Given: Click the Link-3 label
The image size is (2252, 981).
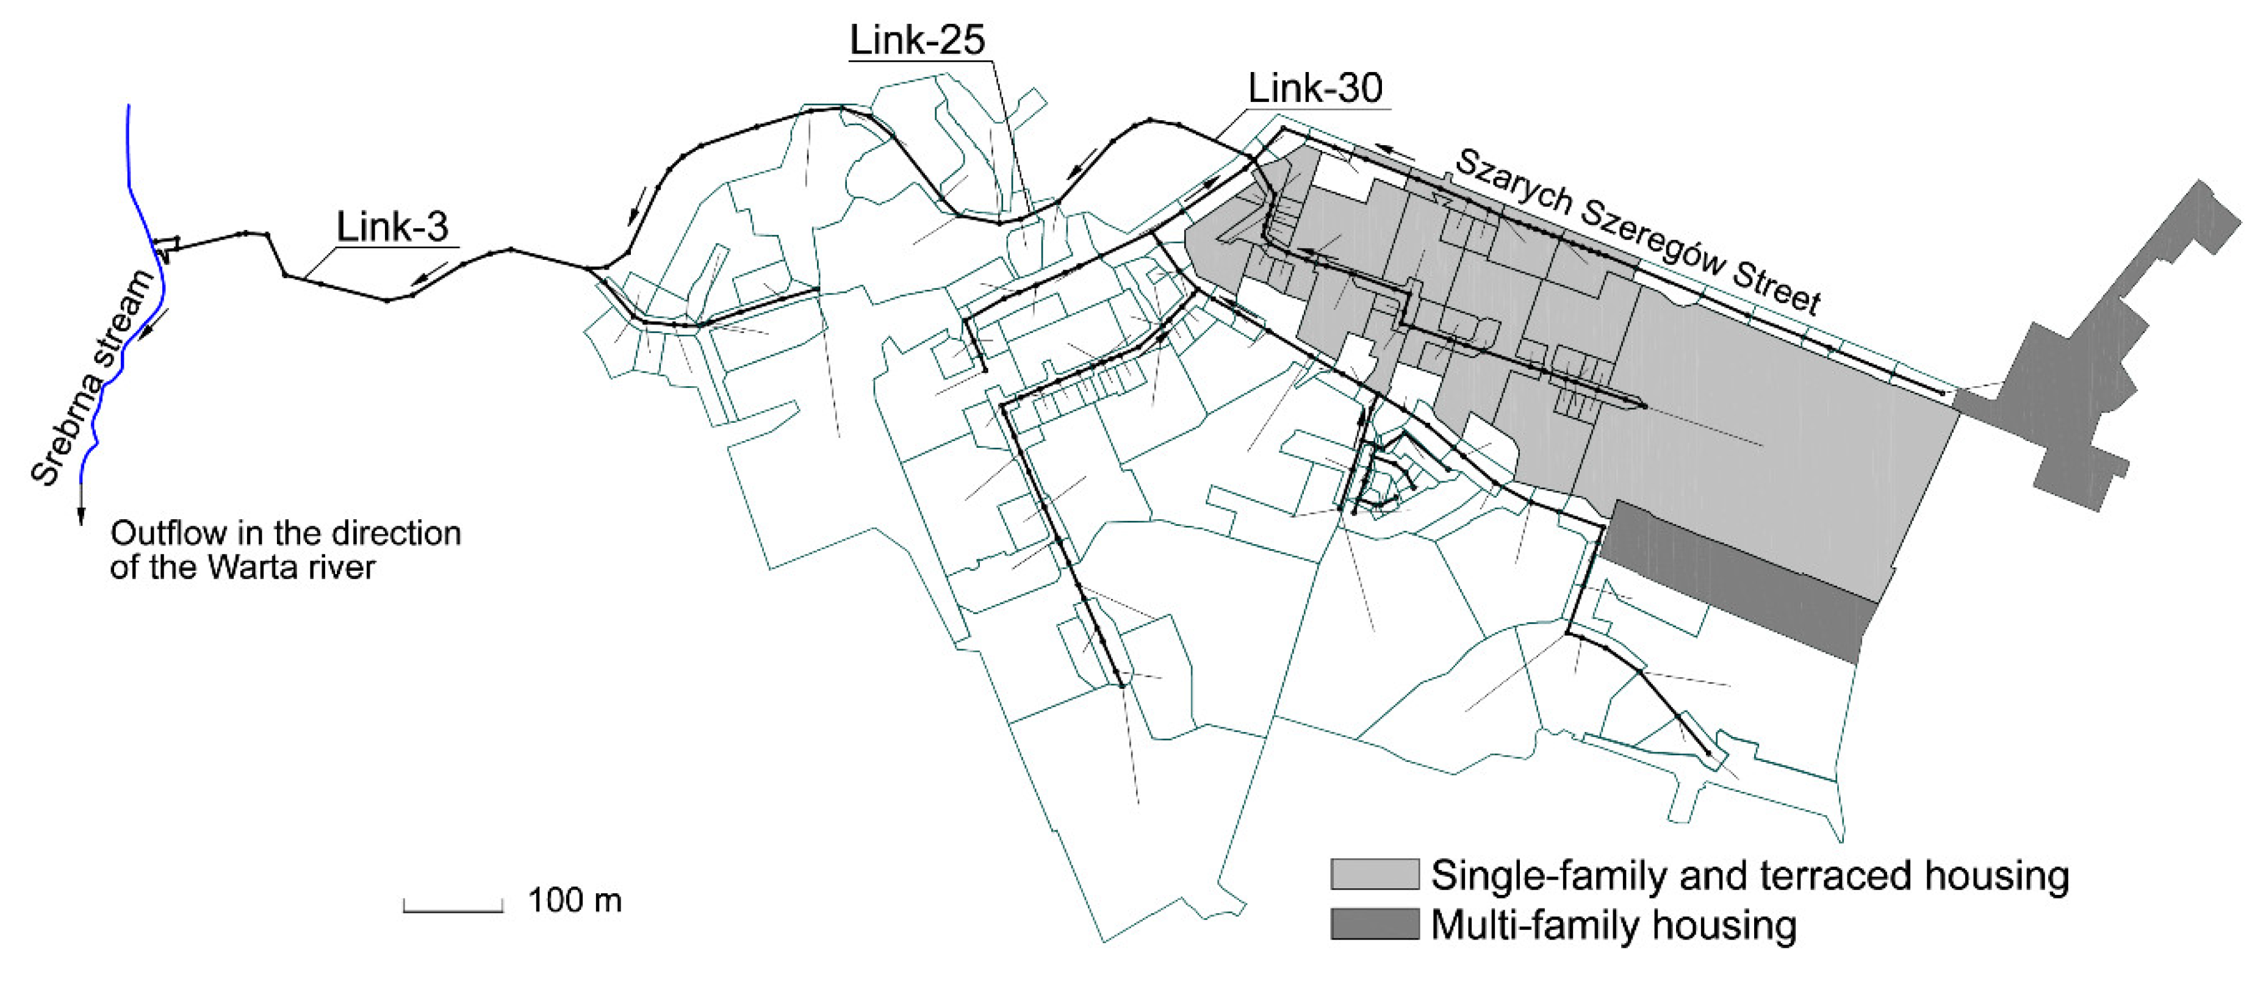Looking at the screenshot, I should pos(392,228).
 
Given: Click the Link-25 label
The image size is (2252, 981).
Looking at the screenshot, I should pos(917,40).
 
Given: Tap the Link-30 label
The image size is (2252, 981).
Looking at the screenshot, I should pos(1315,88).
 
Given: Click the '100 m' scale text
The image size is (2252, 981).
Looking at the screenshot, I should pos(574,900).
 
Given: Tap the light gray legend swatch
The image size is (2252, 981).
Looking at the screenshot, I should pos(1373,874).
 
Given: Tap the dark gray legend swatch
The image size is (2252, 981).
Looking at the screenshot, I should pos(1373,924).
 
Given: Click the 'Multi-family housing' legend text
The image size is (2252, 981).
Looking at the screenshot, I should pos(1613,925).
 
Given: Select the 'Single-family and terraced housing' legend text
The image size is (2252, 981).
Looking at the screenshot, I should pos(1749,875).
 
